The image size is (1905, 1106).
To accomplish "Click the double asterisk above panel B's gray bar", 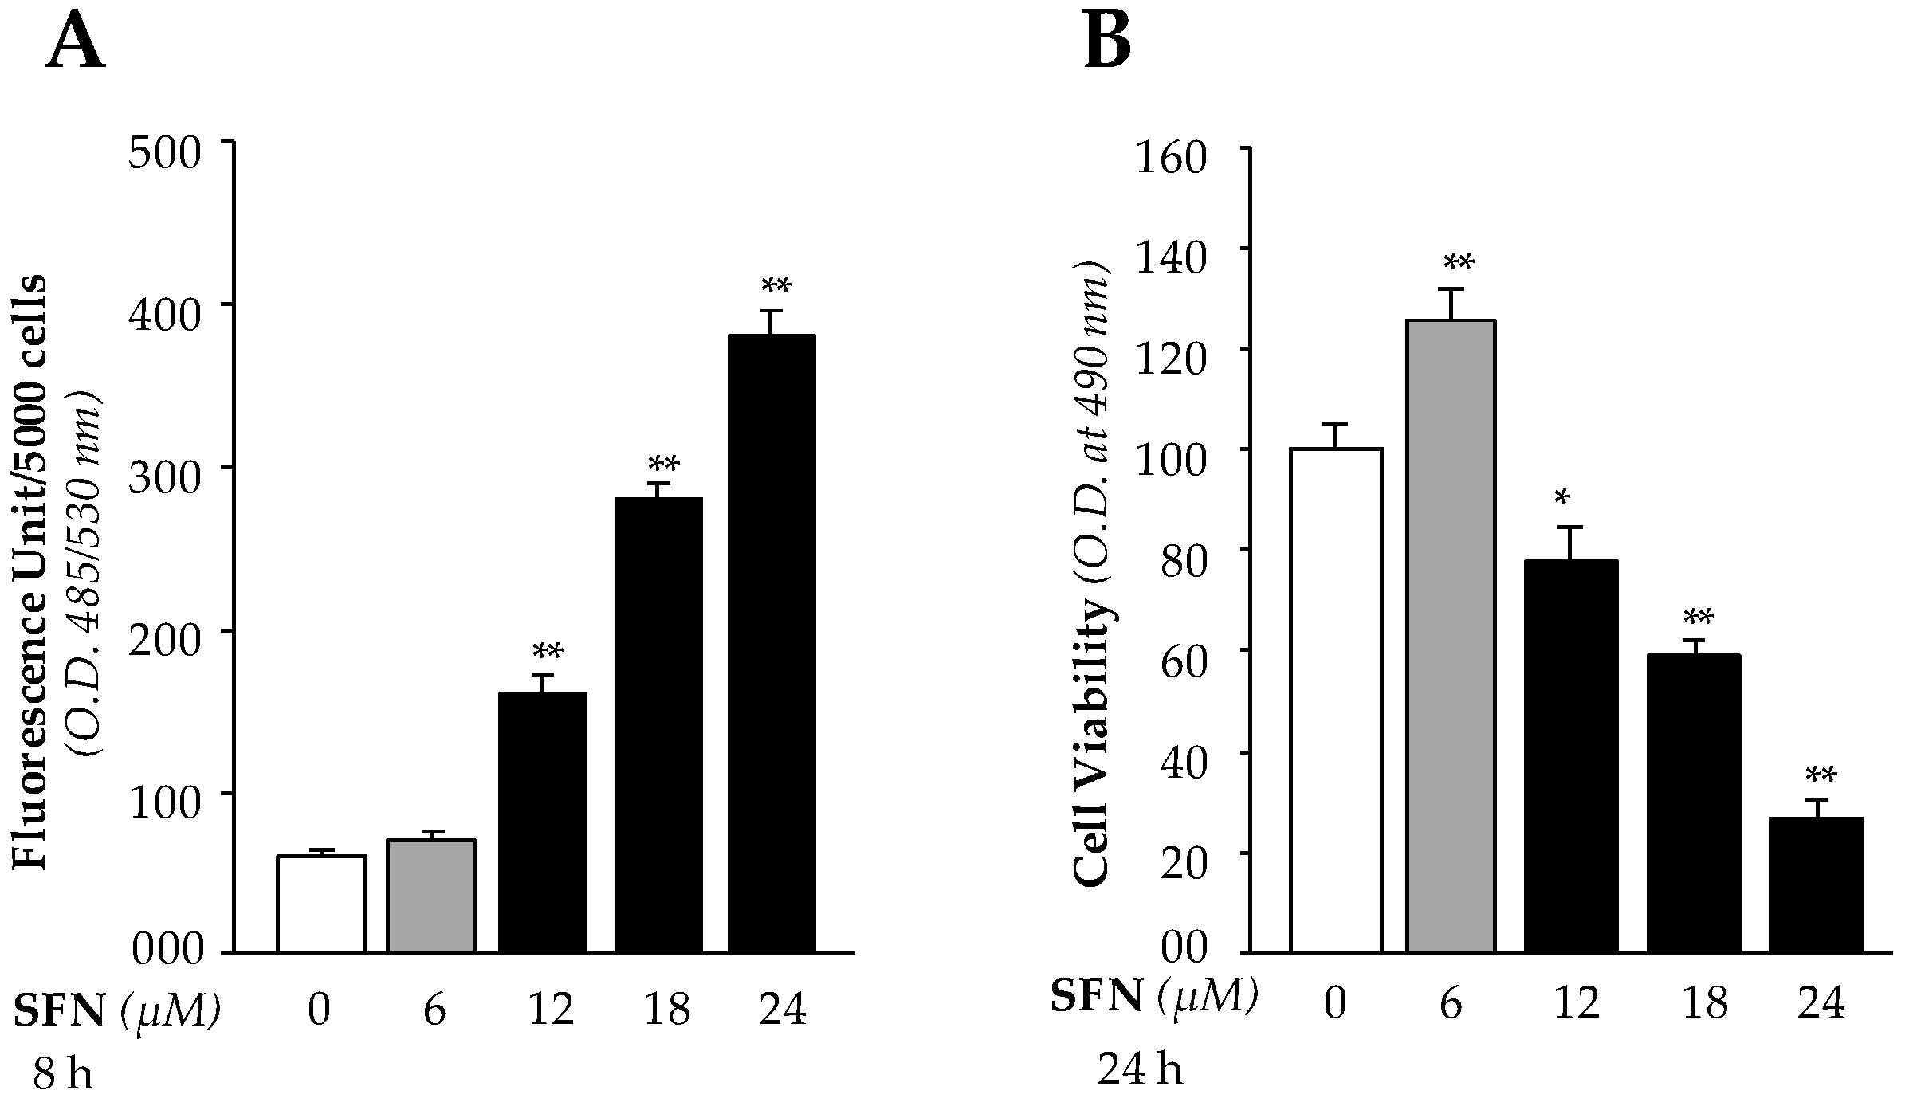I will point(1458,264).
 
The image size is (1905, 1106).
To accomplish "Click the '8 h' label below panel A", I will point(63,1076).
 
